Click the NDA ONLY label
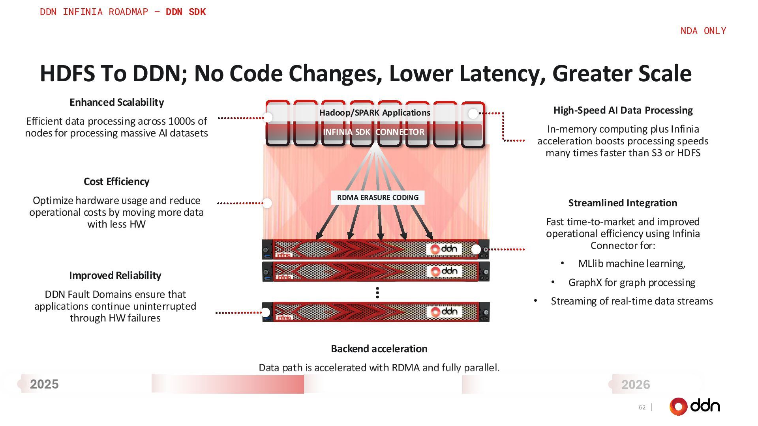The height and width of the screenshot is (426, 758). (703, 31)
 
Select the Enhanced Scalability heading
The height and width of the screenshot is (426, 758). (116, 102)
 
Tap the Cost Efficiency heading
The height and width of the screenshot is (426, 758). (116, 181)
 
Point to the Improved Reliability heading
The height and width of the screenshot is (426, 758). (115, 275)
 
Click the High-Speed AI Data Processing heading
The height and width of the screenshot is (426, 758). (623, 110)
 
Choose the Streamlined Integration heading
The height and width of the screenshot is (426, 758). (623, 203)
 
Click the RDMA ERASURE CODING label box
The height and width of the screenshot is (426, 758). (378, 198)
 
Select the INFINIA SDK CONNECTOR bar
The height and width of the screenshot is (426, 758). (374, 132)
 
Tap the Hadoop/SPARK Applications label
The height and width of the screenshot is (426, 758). (375, 113)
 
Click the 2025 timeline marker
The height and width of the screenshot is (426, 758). (44, 384)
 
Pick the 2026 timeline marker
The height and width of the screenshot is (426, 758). (635, 385)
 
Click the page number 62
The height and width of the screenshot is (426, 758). (642, 407)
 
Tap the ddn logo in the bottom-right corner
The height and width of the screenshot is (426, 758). (695, 406)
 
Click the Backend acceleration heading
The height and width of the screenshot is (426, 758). (379, 349)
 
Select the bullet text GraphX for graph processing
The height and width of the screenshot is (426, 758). (632, 282)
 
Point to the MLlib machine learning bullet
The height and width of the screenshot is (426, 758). (632, 263)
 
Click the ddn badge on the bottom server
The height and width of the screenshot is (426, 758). (445, 312)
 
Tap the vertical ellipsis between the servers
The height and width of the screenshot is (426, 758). (378, 293)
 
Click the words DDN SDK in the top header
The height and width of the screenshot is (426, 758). (186, 12)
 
